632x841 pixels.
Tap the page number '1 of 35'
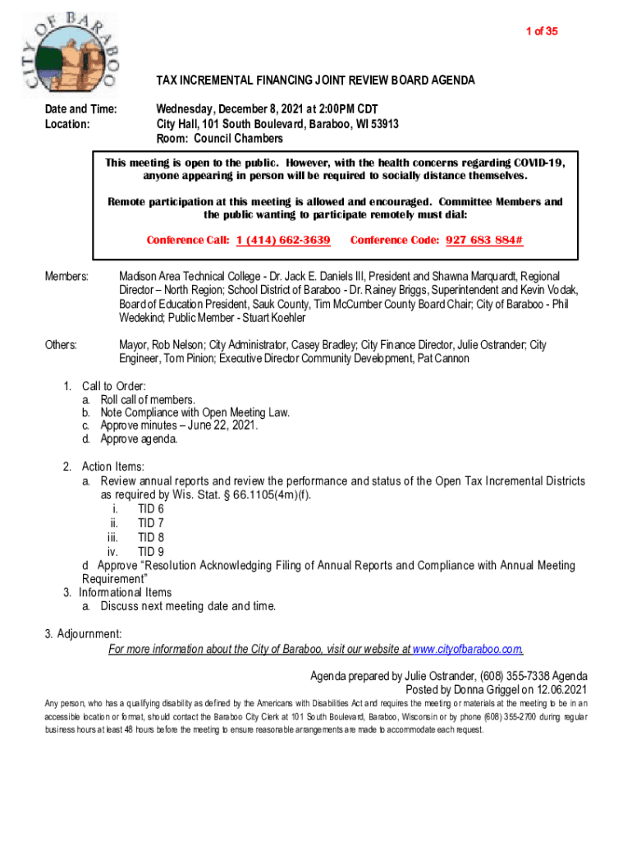[x=542, y=31]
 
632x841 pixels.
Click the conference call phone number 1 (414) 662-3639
[x=283, y=240]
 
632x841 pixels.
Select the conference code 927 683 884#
[x=484, y=240]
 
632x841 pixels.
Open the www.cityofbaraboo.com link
[x=468, y=650]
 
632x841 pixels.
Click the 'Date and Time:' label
[x=80, y=109]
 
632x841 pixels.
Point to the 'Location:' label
[x=67, y=124]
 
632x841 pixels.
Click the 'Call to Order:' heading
[x=114, y=386]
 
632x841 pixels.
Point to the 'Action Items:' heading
[x=113, y=467]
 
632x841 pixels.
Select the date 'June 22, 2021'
[x=223, y=425]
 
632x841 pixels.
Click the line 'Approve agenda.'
[x=139, y=439]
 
